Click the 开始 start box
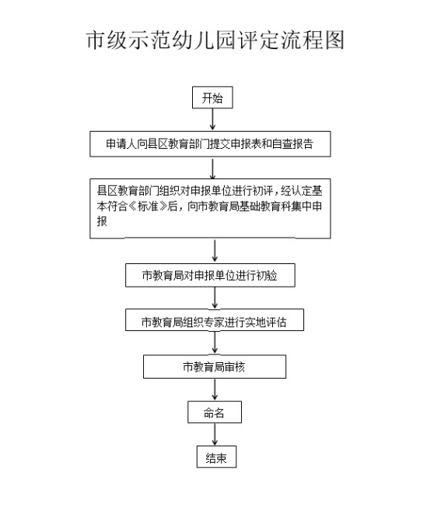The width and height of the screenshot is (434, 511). coord(212,97)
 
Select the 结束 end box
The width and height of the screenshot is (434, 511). coord(216,457)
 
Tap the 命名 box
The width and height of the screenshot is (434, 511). coord(215,412)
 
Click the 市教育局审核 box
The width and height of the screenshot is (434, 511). coord(215,367)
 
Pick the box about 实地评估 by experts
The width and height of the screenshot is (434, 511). coord(215,320)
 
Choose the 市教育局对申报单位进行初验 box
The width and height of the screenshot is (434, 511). coord(210,276)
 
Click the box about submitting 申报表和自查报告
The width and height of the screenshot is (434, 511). coord(210,144)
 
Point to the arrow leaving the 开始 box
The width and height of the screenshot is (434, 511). coord(212,119)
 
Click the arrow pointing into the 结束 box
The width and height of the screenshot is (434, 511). coord(215,435)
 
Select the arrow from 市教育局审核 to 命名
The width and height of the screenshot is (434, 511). coord(215,389)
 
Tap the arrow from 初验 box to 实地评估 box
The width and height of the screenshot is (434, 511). coord(215,298)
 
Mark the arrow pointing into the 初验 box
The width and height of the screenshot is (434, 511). coord(215,251)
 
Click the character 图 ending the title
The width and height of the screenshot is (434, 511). coord(334,40)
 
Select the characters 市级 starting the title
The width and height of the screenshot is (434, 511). coord(107,40)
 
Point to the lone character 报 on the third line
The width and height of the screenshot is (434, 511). coord(102,221)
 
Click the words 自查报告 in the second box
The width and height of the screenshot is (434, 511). coord(292,143)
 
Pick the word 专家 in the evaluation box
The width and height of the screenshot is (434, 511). coord(214,322)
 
